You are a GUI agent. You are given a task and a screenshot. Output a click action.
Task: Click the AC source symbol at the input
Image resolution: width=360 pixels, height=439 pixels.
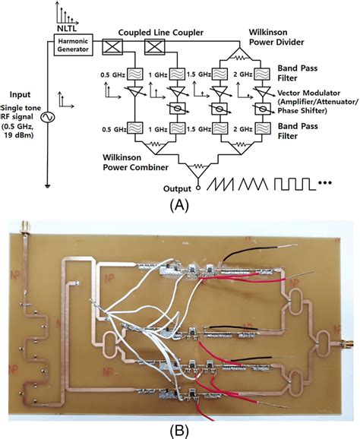(x=48, y=118)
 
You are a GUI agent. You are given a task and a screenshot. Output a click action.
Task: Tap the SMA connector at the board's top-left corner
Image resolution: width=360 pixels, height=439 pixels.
(x=25, y=227)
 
